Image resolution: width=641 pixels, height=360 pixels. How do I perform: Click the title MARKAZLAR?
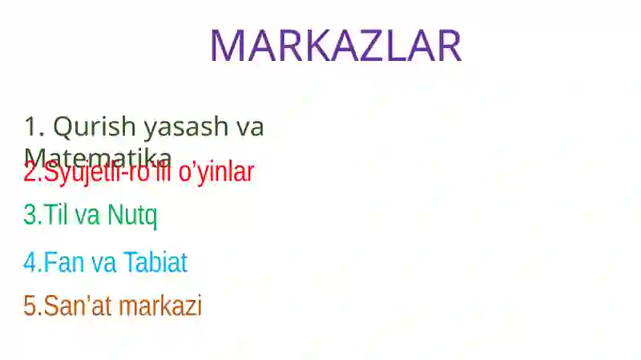point(335,46)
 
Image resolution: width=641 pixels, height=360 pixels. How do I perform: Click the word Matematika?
point(98,155)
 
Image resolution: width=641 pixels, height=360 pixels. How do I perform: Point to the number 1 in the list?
point(31,127)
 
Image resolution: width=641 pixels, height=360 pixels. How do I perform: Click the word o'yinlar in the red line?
point(211,172)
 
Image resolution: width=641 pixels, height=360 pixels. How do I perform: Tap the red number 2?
point(30,172)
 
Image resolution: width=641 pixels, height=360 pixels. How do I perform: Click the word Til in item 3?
point(54,215)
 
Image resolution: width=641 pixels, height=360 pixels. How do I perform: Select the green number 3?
point(30,215)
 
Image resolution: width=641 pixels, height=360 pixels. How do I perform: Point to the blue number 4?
point(30,262)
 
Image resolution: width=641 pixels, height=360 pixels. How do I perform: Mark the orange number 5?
point(30,305)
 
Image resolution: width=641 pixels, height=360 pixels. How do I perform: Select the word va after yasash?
point(249,127)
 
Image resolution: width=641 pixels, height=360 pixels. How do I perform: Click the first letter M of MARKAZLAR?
point(228,46)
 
